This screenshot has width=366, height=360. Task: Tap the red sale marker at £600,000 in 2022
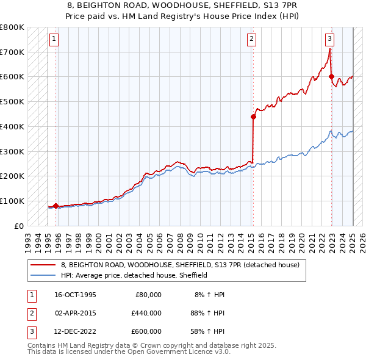(332, 76)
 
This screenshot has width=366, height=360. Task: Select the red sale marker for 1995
(56, 206)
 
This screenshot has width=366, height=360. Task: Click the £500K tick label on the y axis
(12, 101)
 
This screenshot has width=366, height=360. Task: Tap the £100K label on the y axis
(12, 201)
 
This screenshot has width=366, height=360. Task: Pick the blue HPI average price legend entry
(134, 275)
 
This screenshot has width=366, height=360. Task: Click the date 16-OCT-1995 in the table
(76, 295)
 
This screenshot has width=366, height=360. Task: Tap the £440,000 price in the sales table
(146, 314)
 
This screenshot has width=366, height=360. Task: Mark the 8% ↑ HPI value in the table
(210, 295)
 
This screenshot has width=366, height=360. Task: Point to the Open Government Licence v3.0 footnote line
(129, 352)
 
